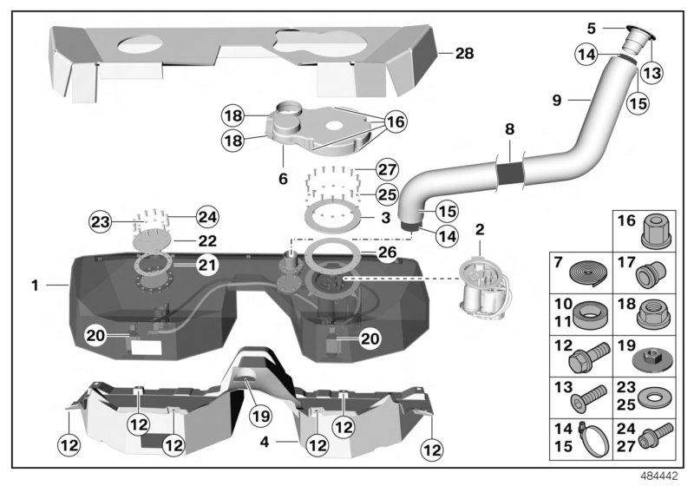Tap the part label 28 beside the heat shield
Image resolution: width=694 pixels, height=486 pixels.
point(465,54)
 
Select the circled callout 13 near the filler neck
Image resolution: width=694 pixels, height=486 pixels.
point(651,74)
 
